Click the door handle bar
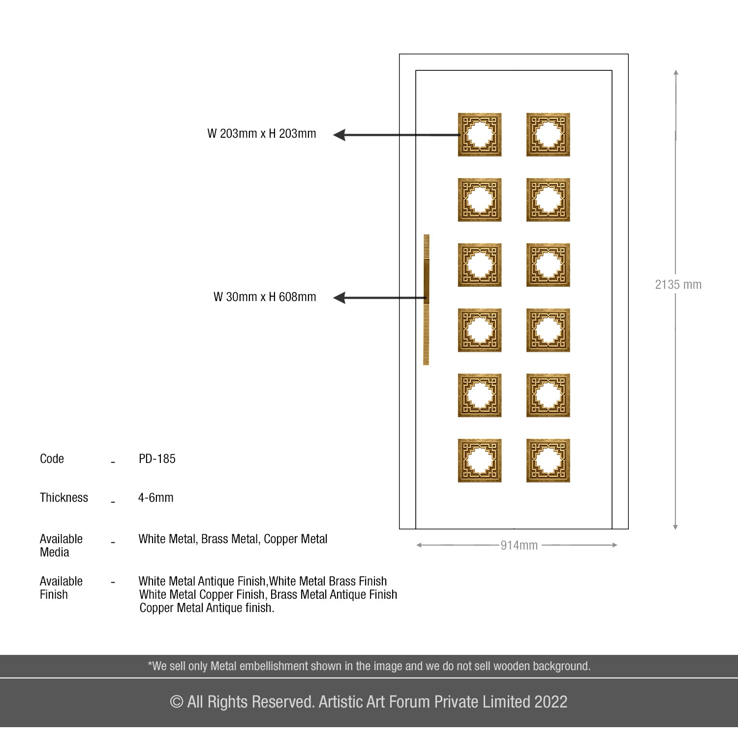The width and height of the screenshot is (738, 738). (x=427, y=300)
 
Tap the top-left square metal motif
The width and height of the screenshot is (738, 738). (x=480, y=135)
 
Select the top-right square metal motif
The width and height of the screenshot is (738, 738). (x=548, y=135)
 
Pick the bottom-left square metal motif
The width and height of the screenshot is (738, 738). (x=480, y=461)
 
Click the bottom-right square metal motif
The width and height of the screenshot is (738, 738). (x=548, y=461)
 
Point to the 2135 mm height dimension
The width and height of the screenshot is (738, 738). (x=678, y=284)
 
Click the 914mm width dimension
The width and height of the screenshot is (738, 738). (x=519, y=545)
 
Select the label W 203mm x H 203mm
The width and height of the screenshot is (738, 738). (x=262, y=134)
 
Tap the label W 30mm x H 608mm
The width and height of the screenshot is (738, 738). (x=265, y=297)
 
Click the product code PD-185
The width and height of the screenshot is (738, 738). (x=157, y=459)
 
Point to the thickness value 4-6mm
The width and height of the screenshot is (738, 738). (x=155, y=497)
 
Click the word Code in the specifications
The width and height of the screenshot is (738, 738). (x=52, y=459)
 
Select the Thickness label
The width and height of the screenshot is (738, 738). (x=64, y=497)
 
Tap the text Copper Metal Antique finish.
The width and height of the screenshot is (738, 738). (x=207, y=608)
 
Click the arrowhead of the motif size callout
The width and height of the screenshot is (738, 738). (x=339, y=135)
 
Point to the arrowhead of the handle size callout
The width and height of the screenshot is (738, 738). (x=339, y=298)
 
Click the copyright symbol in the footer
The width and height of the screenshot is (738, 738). (x=176, y=702)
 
